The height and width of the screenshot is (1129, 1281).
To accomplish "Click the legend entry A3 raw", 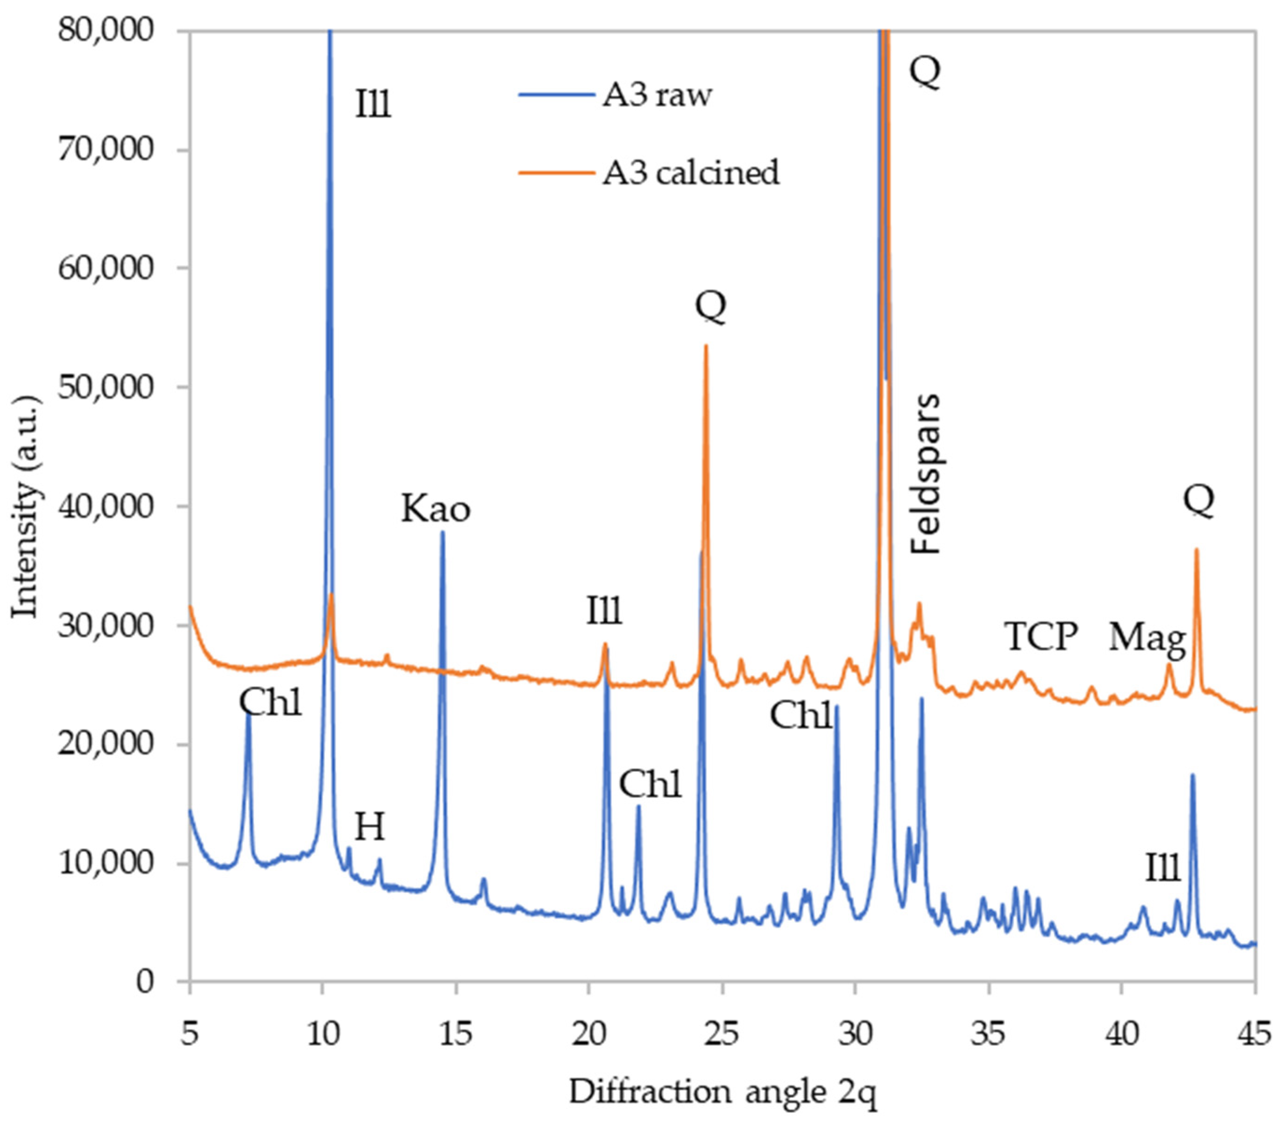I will pyautogui.click(x=656, y=96).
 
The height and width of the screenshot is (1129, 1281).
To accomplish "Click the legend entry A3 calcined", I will pyautogui.click(x=691, y=172).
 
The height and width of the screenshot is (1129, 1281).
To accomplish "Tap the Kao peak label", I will pyautogui.click(x=435, y=509).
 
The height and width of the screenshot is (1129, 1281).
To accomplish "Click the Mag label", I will pyautogui.click(x=1147, y=639).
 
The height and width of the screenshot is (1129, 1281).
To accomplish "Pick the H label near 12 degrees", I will pyautogui.click(x=369, y=828).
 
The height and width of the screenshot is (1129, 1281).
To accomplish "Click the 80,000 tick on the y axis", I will pyautogui.click(x=105, y=30).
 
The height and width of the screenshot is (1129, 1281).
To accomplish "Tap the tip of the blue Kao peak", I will pyautogui.click(x=442, y=532).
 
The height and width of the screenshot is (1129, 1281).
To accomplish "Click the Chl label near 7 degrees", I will pyautogui.click(x=271, y=703).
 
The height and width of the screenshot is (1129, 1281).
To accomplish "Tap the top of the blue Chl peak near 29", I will pyautogui.click(x=836, y=707).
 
